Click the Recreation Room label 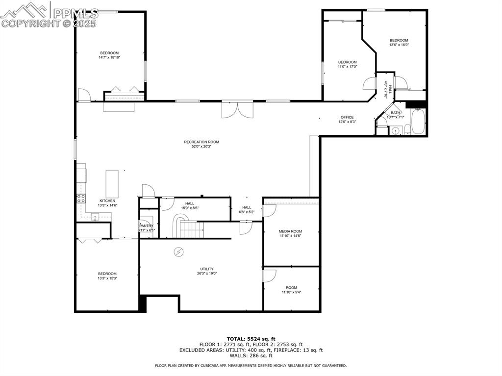pyautogui.click(x=201, y=142)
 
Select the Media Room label pyautogui.click(x=290, y=231)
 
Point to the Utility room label pyautogui.click(x=206, y=269)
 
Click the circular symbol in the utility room pyautogui.click(x=178, y=252)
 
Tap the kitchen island pyautogui.click(x=112, y=183)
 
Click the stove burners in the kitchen pyautogui.click(x=80, y=199)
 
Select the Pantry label pyautogui.click(x=147, y=226)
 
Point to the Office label pyautogui.click(x=347, y=117)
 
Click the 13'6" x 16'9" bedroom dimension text pyautogui.click(x=399, y=45)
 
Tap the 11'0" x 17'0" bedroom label pyautogui.click(x=347, y=62)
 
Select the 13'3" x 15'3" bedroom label pyautogui.click(x=107, y=274)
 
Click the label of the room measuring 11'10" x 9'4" pyautogui.click(x=291, y=288)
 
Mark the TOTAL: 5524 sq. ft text pyautogui.click(x=251, y=339)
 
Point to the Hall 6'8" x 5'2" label pyautogui.click(x=246, y=207)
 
